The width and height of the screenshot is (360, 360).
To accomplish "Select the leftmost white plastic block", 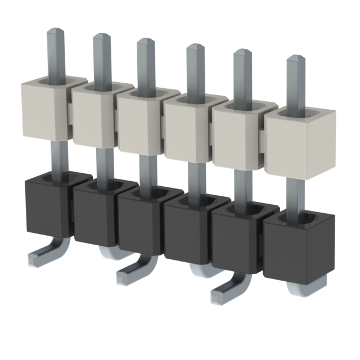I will (46, 109).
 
